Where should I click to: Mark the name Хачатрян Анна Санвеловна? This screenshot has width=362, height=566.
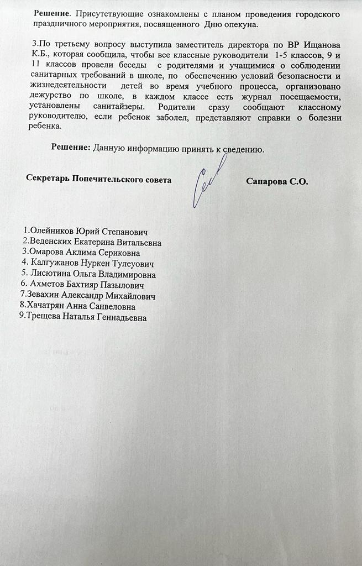77,306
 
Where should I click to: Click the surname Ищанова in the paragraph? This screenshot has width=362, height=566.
319,44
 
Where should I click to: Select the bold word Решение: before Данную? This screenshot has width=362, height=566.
71,148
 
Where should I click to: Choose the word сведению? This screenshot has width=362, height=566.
239,148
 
